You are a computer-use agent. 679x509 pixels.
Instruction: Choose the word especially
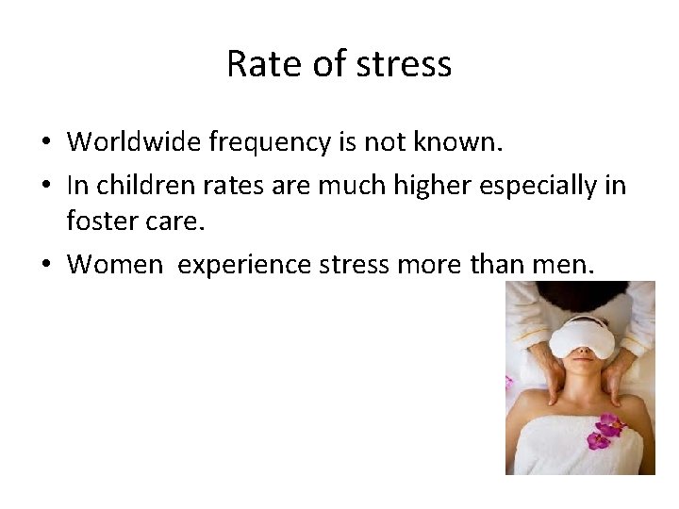tap(543, 186)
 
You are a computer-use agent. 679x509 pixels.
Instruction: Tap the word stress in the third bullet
tap(353, 265)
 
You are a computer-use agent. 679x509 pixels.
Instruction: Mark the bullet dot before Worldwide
tap(45, 143)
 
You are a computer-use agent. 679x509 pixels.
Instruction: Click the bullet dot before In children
tap(45, 186)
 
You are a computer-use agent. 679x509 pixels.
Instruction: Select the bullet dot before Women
tap(45, 266)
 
